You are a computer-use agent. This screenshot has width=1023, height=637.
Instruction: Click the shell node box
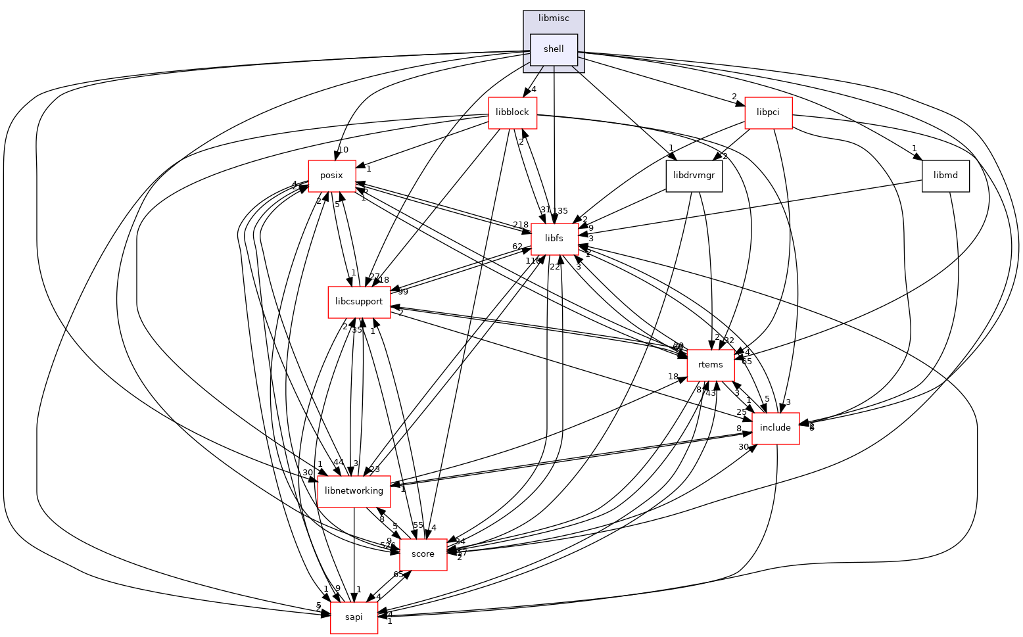pyautogui.click(x=554, y=49)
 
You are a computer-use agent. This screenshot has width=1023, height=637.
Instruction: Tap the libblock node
pyautogui.click(x=512, y=112)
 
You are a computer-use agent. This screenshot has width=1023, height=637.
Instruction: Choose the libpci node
pyautogui.click(x=768, y=112)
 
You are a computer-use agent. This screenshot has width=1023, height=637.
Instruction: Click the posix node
pyautogui.click(x=333, y=176)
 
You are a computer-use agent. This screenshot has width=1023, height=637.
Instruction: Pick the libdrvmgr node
pyautogui.click(x=694, y=176)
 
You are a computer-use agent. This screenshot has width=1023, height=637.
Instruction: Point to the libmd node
pyautogui.click(x=945, y=176)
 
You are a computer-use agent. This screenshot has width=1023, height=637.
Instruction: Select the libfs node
pyautogui.click(x=555, y=239)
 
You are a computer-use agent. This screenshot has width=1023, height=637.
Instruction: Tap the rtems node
pyautogui.click(x=711, y=365)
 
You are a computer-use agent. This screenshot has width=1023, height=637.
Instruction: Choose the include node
pyautogui.click(x=775, y=428)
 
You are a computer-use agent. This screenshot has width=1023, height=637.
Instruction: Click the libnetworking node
pyautogui.click(x=354, y=491)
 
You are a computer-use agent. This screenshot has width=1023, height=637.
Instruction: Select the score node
pyautogui.click(x=423, y=554)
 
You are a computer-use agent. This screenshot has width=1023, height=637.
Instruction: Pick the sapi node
pyautogui.click(x=354, y=618)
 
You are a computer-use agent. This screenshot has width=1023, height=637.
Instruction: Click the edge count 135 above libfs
pyautogui.click(x=560, y=211)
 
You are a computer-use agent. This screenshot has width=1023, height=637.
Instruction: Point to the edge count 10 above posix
pyautogui.click(x=343, y=150)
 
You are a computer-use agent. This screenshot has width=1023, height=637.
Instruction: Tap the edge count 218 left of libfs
pyautogui.click(x=521, y=225)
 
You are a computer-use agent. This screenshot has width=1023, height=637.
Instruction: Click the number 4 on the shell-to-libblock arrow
pyautogui.click(x=535, y=89)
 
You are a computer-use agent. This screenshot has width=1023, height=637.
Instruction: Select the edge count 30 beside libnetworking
pyautogui.click(x=307, y=473)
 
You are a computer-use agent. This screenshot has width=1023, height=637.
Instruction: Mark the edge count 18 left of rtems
pyautogui.click(x=673, y=377)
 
